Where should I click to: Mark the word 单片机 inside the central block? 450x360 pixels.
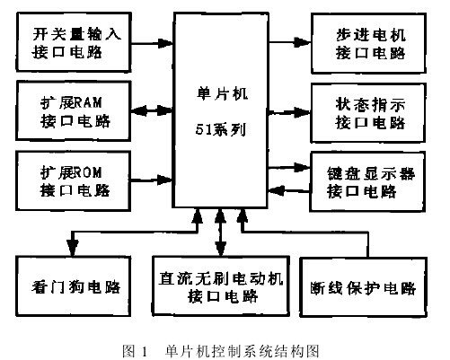(x=219, y=91)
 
